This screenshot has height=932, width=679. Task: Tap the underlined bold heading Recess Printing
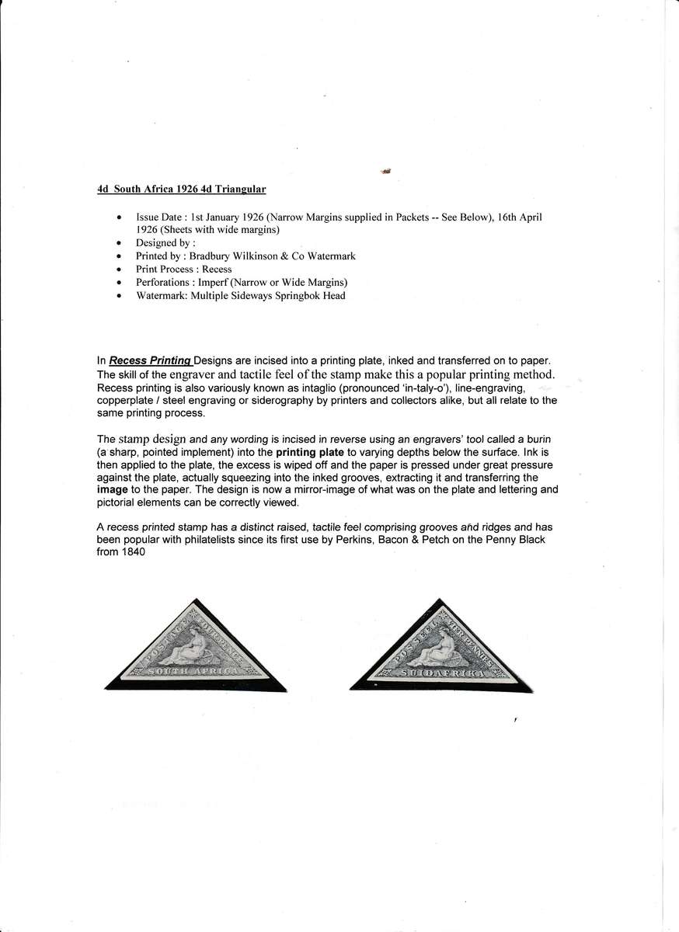(x=151, y=360)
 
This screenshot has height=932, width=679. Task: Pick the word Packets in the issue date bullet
(x=430, y=217)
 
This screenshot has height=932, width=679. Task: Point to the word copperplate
(x=125, y=401)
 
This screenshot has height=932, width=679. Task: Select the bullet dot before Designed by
(x=118, y=243)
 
